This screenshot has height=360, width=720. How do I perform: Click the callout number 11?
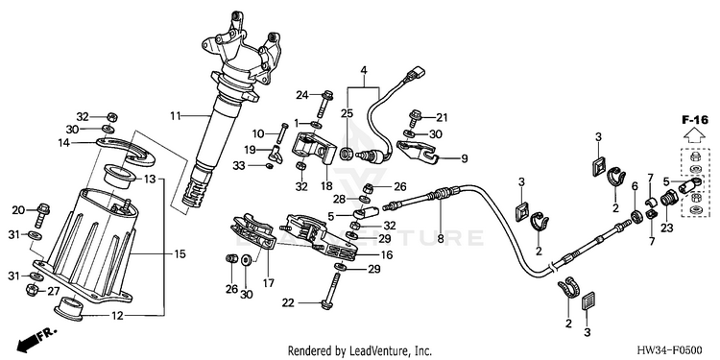176,116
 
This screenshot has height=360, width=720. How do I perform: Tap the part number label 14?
63,143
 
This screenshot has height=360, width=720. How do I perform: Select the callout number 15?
180,253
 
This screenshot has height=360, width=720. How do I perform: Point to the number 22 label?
288,303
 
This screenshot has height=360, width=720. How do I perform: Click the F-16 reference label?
693,121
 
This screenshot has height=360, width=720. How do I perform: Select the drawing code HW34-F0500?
677,350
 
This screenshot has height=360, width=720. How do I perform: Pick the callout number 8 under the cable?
441,239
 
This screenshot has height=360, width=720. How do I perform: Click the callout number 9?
465,158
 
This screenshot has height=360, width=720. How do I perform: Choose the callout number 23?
667,227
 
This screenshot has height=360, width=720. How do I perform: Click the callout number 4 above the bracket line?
364,71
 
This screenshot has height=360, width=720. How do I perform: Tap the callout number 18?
326,186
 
